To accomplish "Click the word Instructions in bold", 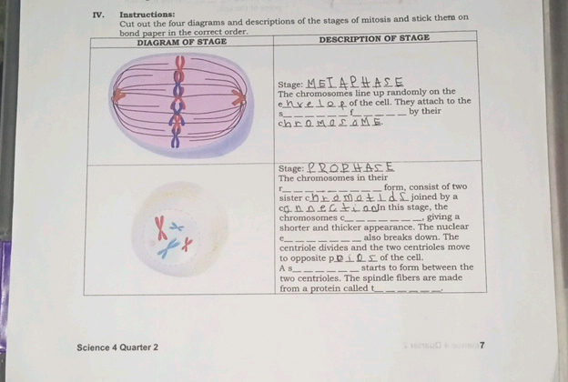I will coord(147,15).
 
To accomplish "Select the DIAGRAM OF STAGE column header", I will coord(181,43).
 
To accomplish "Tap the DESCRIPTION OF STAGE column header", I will coord(374,38).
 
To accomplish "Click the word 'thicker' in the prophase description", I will coord(350,227).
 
